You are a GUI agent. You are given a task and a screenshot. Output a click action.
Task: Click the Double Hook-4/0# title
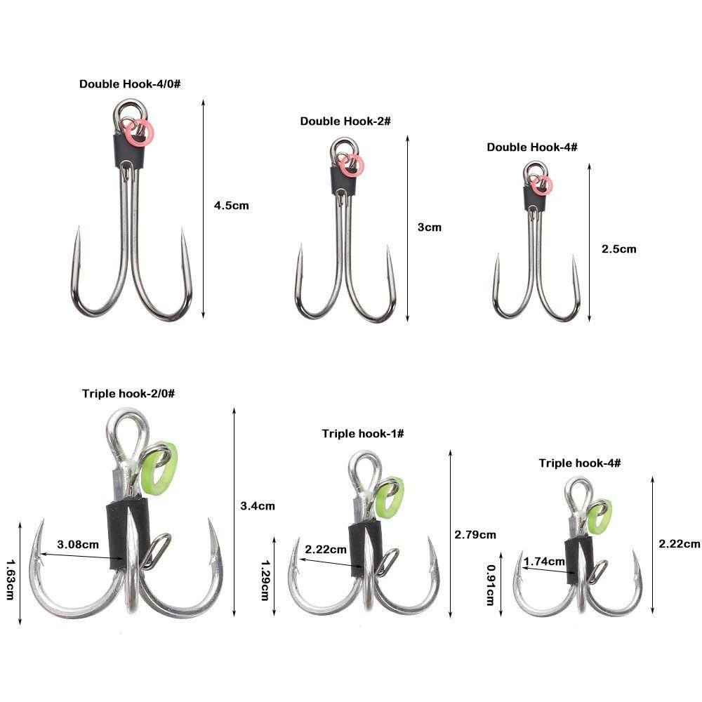130,84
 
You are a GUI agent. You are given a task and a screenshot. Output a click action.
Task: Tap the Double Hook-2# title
345,121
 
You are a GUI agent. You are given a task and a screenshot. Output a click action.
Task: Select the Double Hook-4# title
532,147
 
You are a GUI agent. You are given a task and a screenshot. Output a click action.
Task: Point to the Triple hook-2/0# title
128,394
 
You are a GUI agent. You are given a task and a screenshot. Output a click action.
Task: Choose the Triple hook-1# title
363,433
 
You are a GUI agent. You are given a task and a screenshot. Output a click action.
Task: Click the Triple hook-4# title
580,463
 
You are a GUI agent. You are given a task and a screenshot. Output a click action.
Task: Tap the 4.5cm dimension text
232,206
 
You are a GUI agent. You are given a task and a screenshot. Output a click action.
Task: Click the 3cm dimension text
430,227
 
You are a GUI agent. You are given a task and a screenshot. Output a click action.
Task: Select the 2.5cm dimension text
618,249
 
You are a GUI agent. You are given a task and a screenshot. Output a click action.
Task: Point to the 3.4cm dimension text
258,506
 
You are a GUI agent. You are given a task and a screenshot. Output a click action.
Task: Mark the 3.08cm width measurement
78,545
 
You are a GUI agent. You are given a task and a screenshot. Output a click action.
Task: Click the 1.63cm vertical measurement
11,579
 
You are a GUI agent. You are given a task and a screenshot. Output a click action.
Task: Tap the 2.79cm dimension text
475,534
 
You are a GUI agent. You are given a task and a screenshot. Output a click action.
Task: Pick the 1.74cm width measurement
545,561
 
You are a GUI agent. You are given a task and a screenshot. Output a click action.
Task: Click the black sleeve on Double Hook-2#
344,181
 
